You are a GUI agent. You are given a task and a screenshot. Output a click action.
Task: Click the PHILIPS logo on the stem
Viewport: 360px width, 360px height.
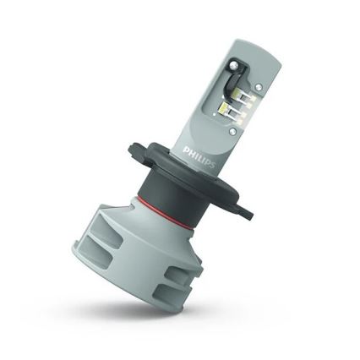201,157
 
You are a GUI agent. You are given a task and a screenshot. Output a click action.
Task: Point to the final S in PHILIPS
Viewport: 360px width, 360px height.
213,163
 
